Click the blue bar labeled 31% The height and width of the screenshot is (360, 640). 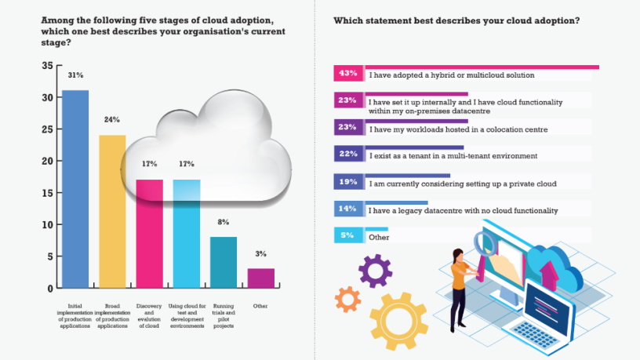coord(75,188)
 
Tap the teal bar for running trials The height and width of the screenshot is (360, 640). coord(224,262)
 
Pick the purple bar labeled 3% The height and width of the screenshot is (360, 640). coord(261,278)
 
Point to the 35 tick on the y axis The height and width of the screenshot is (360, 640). coord(47,66)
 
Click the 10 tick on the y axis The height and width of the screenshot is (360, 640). coord(47,224)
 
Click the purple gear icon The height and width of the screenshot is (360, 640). coord(375,271)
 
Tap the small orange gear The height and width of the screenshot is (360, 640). coord(347,299)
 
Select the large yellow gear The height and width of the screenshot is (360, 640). coord(398,321)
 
